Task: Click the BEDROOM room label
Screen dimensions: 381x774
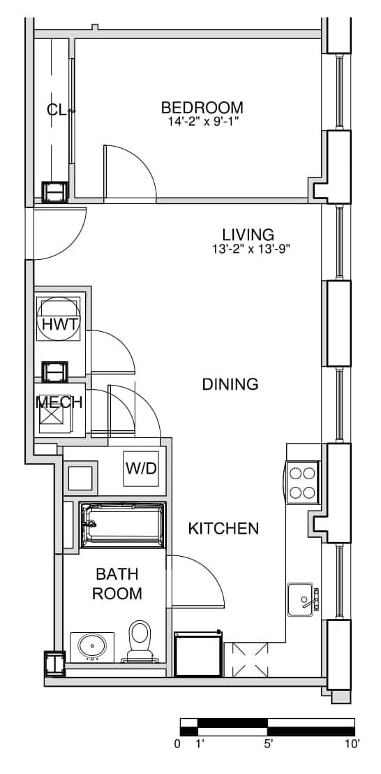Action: [x=202, y=107]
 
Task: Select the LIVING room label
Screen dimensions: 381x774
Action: [x=248, y=234]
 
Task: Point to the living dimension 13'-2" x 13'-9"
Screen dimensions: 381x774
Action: [x=248, y=248]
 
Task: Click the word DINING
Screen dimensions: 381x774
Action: [x=230, y=384]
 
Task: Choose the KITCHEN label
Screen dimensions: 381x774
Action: [x=223, y=529]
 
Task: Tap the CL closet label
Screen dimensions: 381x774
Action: [x=57, y=110]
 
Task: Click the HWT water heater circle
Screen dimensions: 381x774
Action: [x=59, y=319]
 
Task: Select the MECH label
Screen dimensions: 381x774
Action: [x=59, y=402]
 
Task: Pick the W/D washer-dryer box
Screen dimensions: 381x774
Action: [x=141, y=469]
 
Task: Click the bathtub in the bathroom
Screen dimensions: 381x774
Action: [x=122, y=525]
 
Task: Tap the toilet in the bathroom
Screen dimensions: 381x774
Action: [x=140, y=641]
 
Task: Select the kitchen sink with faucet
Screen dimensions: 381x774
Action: [x=303, y=599]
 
